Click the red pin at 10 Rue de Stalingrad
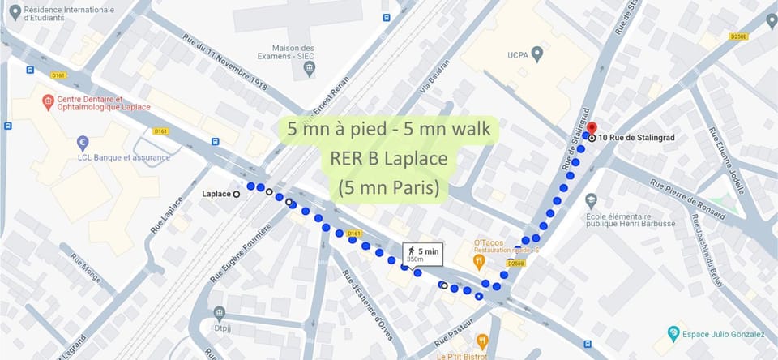click(592, 128)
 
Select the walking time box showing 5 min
click(421, 254)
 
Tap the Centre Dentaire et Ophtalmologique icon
click(48, 102)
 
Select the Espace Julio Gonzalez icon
click(672, 333)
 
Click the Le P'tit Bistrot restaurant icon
click(482, 341)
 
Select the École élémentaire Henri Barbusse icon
click(591, 199)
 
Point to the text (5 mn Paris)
click(388, 188)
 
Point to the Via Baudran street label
click(433, 82)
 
